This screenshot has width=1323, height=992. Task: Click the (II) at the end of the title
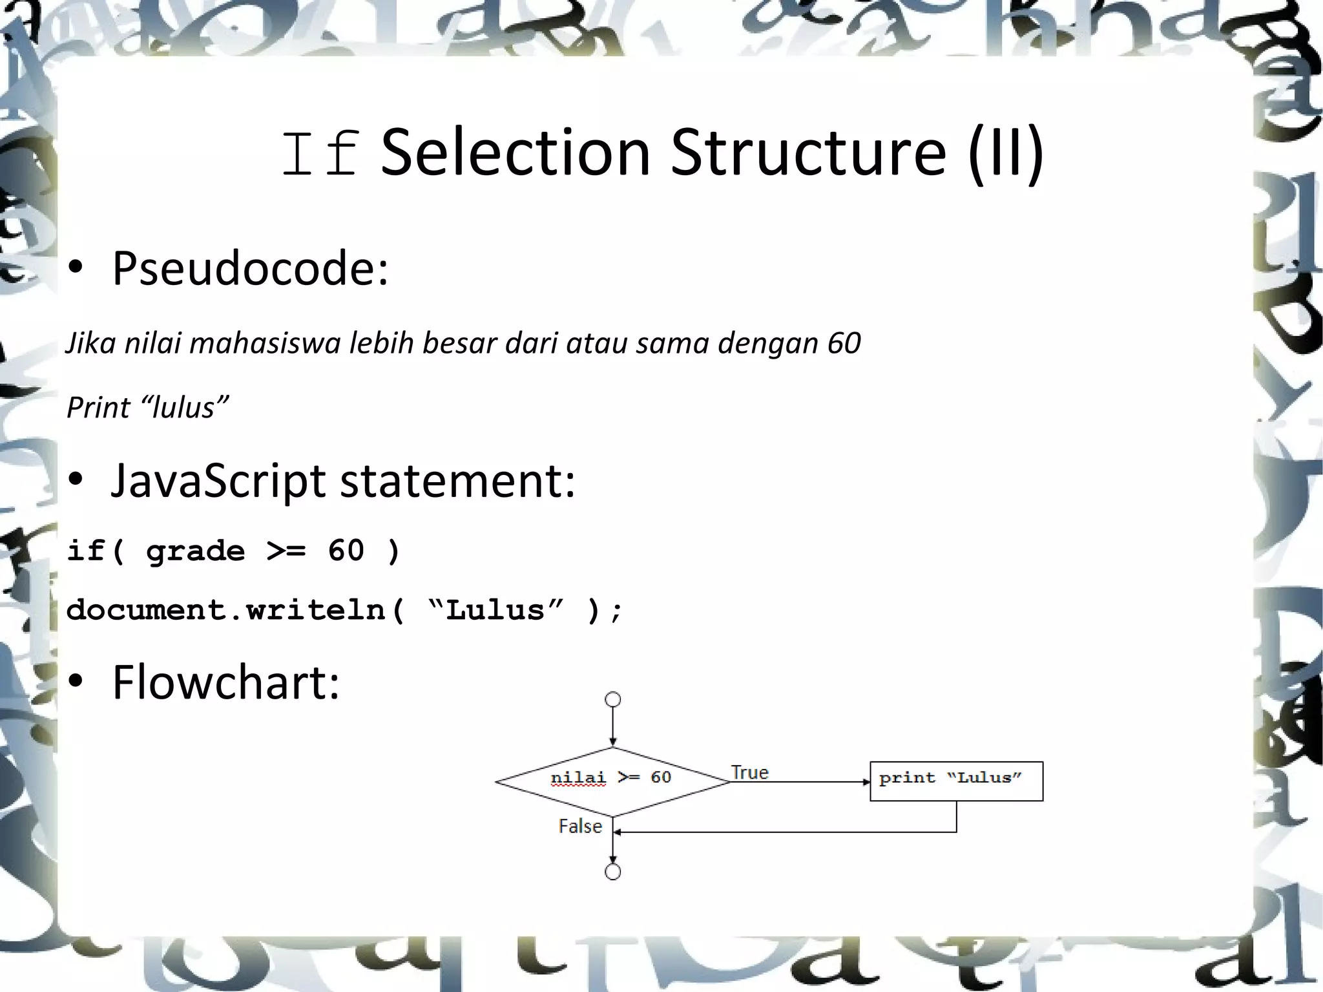(1006, 154)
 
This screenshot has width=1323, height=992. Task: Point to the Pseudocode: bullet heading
(250, 268)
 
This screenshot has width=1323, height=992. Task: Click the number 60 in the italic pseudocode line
(844, 343)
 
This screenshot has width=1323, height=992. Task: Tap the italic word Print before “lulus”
(98, 408)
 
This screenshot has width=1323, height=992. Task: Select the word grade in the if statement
(195, 551)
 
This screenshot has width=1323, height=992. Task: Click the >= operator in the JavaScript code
(286, 551)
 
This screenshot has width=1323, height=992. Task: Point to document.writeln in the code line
(226, 610)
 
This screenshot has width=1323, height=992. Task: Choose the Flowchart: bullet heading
(225, 682)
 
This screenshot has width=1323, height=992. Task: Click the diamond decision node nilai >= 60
(612, 781)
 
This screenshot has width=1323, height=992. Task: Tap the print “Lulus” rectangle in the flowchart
(956, 781)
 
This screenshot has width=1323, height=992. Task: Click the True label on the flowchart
(749, 772)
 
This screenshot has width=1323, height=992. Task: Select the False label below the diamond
(580, 827)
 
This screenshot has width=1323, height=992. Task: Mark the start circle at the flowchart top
(612, 699)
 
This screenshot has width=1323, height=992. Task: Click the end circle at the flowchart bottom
(612, 872)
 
